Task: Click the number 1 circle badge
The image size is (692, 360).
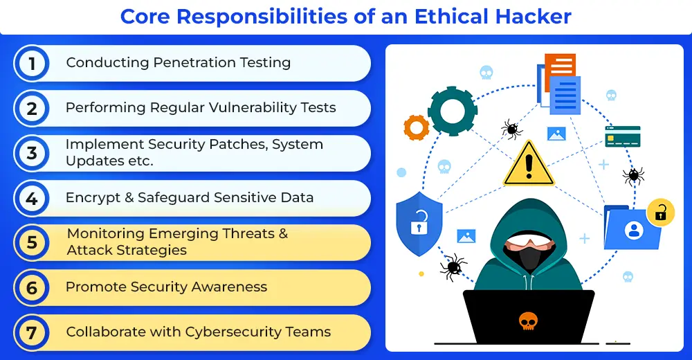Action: (x=31, y=63)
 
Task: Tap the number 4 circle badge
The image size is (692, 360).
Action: (x=31, y=198)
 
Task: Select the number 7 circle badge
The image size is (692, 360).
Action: (x=31, y=332)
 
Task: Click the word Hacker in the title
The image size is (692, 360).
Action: (x=533, y=17)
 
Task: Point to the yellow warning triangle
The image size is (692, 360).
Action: (x=529, y=164)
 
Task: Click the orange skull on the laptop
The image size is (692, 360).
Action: (x=528, y=321)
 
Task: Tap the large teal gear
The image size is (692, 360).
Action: (x=453, y=111)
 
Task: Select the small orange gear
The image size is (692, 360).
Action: (x=416, y=127)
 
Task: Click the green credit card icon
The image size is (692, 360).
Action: (x=623, y=136)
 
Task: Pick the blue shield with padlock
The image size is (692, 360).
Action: (x=419, y=224)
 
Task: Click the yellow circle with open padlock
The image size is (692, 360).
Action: (x=660, y=213)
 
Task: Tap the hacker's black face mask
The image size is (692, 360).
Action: (x=529, y=258)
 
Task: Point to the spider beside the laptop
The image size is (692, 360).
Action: (x=453, y=267)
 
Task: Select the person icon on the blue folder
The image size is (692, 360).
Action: (x=634, y=231)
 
